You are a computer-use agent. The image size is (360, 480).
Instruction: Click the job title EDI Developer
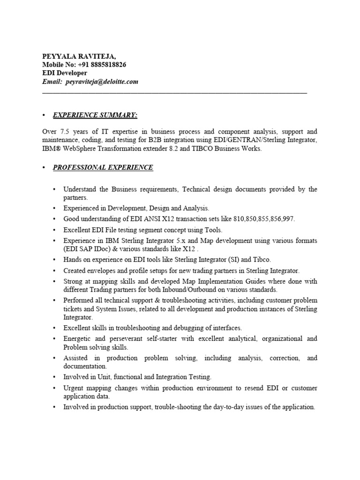pyautogui.click(x=64, y=73)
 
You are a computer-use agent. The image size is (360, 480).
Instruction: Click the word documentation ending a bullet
pyautogui.click(x=85, y=366)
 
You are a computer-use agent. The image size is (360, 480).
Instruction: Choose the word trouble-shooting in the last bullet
pyautogui.click(x=176, y=407)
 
